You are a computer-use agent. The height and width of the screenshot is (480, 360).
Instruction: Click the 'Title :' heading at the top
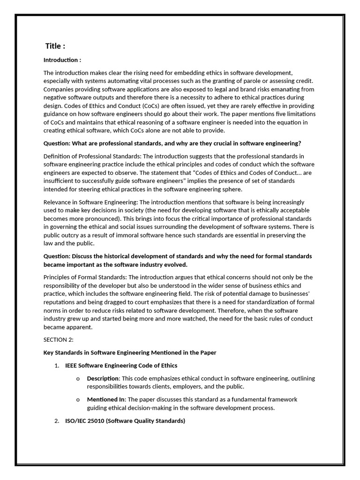click(x=55, y=46)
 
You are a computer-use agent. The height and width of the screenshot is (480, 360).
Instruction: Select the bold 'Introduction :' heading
click(x=62, y=60)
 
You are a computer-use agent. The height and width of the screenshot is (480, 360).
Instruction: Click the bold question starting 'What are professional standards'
click(x=172, y=143)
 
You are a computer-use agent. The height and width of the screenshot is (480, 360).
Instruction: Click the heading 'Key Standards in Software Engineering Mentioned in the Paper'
click(x=130, y=352)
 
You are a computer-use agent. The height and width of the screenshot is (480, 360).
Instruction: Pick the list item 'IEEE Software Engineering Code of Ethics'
click(x=121, y=366)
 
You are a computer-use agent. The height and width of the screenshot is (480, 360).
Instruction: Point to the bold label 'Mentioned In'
click(x=106, y=399)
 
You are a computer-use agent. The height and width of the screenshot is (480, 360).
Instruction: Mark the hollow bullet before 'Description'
click(x=77, y=379)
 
